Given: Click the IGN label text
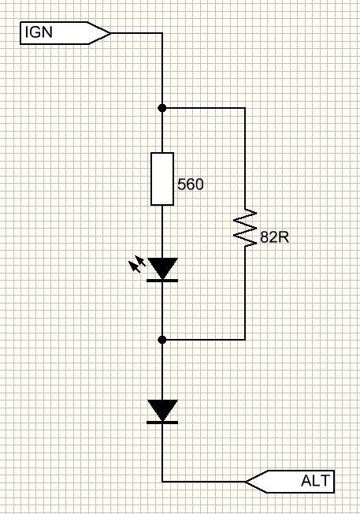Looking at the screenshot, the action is click(x=39, y=32).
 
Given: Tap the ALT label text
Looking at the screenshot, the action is click(x=315, y=481).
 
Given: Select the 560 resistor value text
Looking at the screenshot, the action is click(x=191, y=184).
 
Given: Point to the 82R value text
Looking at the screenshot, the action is click(x=274, y=237).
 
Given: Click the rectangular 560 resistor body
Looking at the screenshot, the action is click(x=162, y=179).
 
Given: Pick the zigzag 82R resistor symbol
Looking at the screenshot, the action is click(x=245, y=228).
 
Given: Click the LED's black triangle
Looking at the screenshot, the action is click(x=162, y=268).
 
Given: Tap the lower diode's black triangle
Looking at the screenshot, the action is click(x=162, y=410).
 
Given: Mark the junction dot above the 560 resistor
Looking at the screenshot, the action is click(x=162, y=108).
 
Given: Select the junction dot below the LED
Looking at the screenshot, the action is click(x=162, y=340).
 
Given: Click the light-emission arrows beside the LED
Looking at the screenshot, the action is click(x=137, y=264).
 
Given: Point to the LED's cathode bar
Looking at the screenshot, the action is click(x=162, y=281).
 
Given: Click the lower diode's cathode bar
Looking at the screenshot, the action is click(x=162, y=423).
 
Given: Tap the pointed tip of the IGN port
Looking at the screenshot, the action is click(x=111, y=33).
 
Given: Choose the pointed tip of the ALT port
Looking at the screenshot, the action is click(x=246, y=482).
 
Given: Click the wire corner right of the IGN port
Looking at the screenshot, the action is click(x=162, y=33).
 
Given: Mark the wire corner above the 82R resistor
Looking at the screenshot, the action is click(x=245, y=108).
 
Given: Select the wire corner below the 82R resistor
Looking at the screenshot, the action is click(x=245, y=340).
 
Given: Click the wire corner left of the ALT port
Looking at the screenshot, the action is click(x=162, y=482).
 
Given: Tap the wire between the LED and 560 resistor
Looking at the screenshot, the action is click(x=162, y=232).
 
